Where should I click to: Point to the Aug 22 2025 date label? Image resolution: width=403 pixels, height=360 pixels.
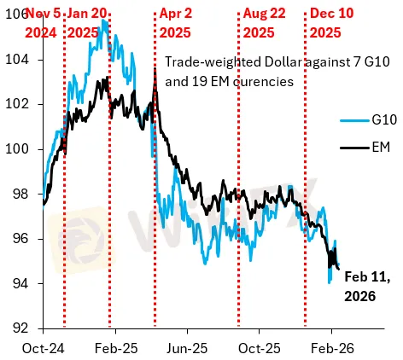point(266,23)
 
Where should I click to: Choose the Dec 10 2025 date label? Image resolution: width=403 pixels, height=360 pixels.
point(333,23)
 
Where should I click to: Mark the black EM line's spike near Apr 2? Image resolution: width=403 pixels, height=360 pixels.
point(154,68)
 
